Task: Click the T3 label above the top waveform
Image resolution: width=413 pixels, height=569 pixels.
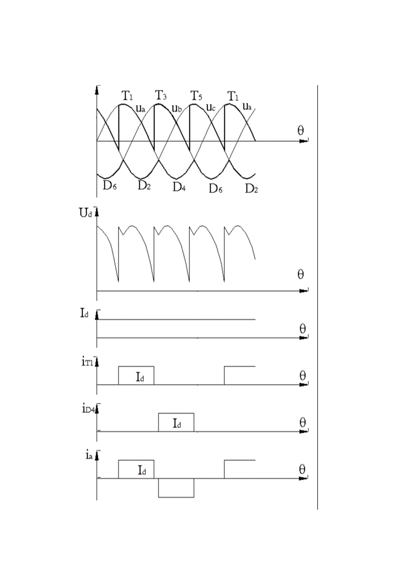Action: point(161,95)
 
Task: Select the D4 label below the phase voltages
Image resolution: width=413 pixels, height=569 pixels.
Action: point(179,187)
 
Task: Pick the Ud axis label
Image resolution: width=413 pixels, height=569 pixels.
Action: point(86,213)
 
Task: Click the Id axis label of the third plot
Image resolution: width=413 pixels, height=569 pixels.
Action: point(84,313)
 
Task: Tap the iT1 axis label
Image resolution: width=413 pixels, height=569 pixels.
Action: point(88,363)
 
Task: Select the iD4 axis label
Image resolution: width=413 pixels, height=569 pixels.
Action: point(88,409)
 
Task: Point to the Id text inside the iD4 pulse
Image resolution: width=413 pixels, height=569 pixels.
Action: point(177,424)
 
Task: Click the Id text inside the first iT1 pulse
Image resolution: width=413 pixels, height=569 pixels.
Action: point(140,377)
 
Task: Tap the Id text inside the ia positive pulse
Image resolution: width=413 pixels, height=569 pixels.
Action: point(142,471)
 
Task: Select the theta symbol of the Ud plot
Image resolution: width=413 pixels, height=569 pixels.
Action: point(301,274)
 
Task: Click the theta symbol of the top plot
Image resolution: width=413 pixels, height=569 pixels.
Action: point(301,130)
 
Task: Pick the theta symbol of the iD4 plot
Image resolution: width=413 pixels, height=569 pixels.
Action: point(302,423)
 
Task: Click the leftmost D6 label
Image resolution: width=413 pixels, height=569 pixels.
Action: point(109,185)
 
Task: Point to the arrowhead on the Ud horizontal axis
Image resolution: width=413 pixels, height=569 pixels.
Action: point(304,291)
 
